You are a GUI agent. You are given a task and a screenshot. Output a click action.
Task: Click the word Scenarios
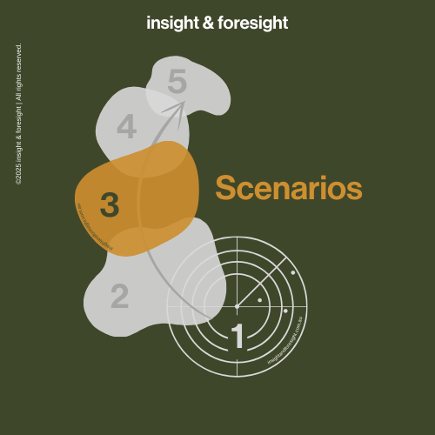pos(288,188)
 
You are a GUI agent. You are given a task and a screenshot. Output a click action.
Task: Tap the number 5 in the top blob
pos(177,83)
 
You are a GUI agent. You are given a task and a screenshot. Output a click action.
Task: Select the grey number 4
pos(126,128)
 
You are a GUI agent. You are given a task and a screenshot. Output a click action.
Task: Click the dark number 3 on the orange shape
pos(110,205)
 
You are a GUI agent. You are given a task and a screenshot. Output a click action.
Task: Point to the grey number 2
pos(119,297)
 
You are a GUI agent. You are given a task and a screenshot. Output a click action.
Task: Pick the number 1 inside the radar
pos(237,337)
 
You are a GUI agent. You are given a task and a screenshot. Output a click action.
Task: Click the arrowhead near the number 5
pos(181,106)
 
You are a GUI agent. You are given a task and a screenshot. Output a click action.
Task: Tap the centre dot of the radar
pos(237,306)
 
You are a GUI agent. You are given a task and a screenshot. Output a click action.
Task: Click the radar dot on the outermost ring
pos(293,273)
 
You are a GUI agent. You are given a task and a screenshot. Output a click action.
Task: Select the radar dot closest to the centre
pos(259,300)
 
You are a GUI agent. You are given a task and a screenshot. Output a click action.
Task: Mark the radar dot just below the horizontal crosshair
pos(285,311)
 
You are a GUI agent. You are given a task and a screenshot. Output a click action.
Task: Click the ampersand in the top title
pos(209,23)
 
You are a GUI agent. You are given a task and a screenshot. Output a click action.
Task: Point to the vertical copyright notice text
pos(19,113)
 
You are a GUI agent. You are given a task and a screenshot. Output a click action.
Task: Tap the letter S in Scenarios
pos(224,188)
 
